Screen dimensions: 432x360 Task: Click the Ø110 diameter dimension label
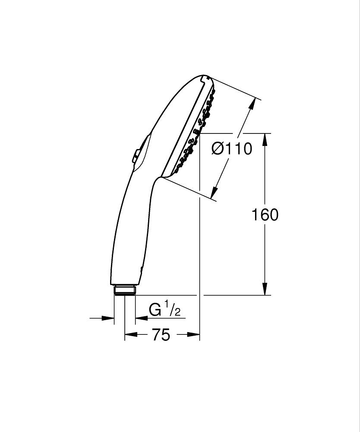[x=231, y=149]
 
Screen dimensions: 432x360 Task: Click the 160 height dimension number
[x=265, y=215]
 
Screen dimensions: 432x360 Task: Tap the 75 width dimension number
[x=161, y=334]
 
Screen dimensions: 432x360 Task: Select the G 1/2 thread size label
[x=164, y=310]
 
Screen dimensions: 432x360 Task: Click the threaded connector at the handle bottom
[x=125, y=290]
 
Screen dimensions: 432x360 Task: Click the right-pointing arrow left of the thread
[x=108, y=318]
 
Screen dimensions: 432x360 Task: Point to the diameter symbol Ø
[x=218, y=149]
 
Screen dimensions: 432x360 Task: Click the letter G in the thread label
[x=155, y=310]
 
